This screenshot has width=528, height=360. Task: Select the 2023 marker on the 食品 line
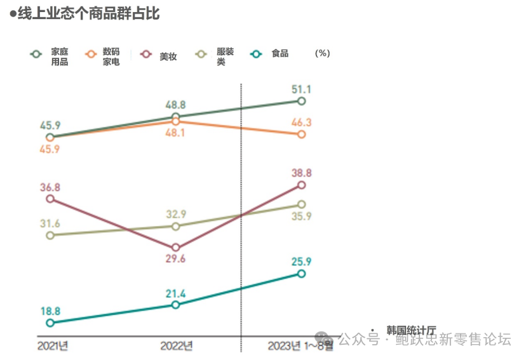point(301,274)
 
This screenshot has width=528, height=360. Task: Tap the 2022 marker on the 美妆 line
point(176,248)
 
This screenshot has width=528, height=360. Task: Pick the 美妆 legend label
point(168,56)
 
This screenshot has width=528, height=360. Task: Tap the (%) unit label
point(322,53)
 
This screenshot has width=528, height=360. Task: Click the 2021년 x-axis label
point(53,345)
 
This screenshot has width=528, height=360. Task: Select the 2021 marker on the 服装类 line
point(50,235)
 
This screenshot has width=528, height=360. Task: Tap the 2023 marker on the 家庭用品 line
point(301,101)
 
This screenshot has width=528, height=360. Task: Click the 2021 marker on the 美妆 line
point(50,199)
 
